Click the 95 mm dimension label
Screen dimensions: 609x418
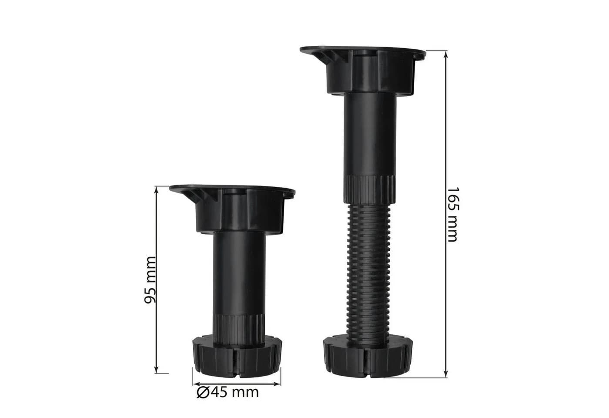(150, 280)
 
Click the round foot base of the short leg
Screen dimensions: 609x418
(237, 357)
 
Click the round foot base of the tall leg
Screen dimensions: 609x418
(368, 356)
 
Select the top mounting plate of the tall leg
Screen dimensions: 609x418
(363, 53)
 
